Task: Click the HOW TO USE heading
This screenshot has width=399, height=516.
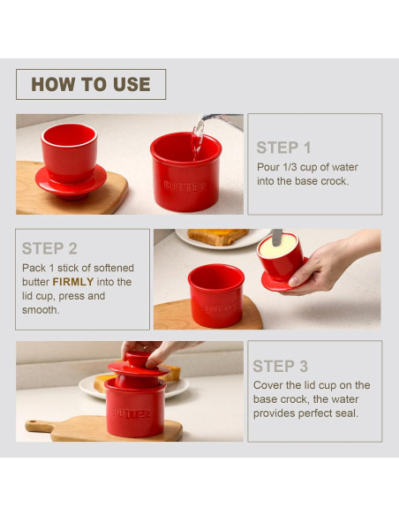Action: point(91,84)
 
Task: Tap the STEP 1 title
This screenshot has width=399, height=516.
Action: point(283,148)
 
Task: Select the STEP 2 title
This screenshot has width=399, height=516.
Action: point(49,248)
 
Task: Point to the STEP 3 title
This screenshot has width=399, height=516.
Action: point(281,366)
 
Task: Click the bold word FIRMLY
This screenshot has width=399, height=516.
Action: point(73,282)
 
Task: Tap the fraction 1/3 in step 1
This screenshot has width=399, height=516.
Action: point(290,167)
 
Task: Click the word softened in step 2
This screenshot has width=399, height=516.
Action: point(114,268)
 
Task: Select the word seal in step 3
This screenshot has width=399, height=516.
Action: point(348,414)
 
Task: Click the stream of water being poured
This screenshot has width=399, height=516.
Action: point(198,138)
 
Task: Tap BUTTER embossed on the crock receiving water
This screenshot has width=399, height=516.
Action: point(184,186)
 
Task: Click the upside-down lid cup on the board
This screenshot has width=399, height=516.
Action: point(71,161)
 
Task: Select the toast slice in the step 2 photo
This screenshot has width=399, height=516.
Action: point(217,236)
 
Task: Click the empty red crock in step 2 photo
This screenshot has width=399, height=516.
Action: point(216,295)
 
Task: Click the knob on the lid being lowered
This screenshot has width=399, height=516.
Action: point(138,359)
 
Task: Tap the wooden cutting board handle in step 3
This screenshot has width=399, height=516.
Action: point(39,426)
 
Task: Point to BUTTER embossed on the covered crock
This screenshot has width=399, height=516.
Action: point(132,413)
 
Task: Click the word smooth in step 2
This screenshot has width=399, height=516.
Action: point(41,310)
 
